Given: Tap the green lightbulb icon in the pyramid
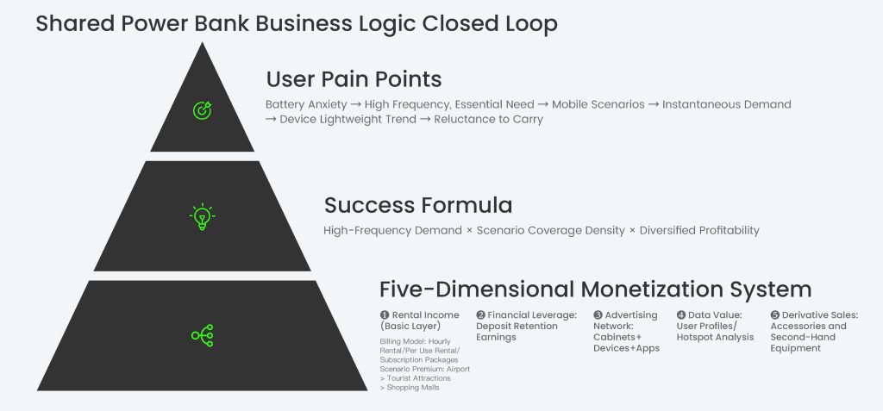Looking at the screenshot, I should coord(202,216).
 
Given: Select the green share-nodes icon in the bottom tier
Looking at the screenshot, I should coord(202,335).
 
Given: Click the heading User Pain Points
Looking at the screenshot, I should coord(354,79).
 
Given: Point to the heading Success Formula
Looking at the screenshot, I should coord(418,205).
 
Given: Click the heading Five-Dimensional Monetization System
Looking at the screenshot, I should coord(595,289).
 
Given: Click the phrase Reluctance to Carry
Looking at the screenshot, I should coord(490,120).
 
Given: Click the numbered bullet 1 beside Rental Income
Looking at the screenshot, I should coord(385,315).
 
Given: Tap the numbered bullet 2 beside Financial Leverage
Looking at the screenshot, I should coord(481,315).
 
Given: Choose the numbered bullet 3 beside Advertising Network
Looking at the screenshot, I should coord(598,315).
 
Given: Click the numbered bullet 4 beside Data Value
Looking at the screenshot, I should coord(681,315).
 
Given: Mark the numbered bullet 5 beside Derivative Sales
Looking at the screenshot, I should coord(775,315).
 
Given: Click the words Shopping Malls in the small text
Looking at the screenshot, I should coord(412,389).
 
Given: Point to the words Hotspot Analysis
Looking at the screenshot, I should coord(715,337).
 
